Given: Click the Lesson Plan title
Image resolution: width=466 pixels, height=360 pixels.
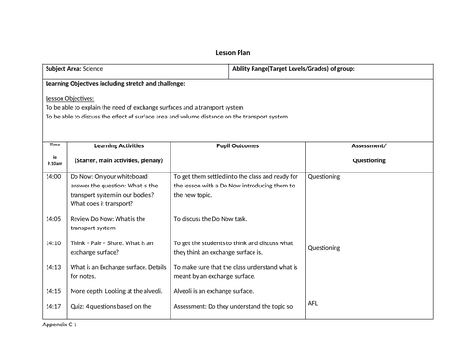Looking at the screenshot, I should click(234, 53).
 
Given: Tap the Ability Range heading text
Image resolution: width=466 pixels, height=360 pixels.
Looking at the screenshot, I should click(292, 69).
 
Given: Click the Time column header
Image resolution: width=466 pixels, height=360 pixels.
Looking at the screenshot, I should click(55, 145).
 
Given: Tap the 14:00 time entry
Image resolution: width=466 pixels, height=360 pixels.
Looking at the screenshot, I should click(53, 175).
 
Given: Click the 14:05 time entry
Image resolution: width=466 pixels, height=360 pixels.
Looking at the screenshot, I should click(53, 219).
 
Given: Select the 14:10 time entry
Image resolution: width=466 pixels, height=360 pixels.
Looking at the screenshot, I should click(53, 243).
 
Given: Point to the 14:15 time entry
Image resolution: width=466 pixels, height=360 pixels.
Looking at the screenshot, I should click(53, 291).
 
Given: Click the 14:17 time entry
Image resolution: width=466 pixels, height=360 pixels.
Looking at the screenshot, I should click(53, 306).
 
